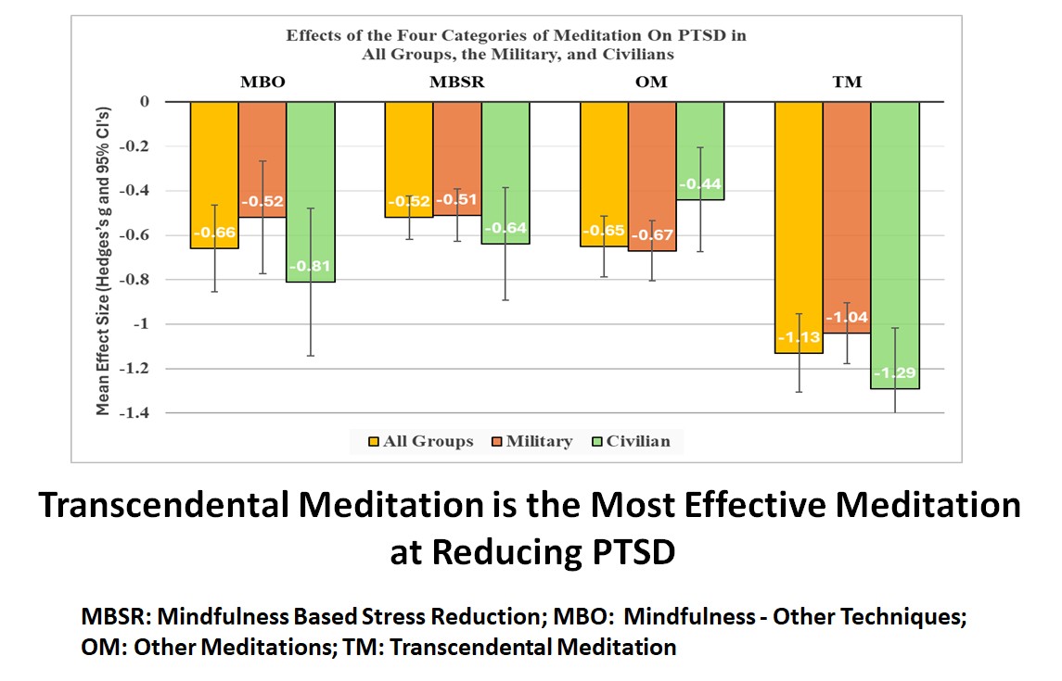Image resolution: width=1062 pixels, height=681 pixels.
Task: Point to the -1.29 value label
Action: (x=895, y=374)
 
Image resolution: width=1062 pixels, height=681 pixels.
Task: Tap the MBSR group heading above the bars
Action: (x=457, y=82)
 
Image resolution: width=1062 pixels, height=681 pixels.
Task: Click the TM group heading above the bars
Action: (x=847, y=82)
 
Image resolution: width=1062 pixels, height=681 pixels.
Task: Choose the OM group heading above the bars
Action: (x=652, y=82)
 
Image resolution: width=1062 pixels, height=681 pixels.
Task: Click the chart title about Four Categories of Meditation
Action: (x=517, y=44)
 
